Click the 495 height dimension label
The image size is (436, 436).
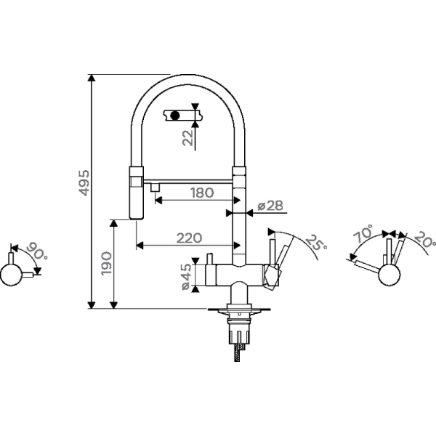point(84,182)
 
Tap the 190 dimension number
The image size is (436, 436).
point(107,264)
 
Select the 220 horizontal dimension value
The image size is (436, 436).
point(190,238)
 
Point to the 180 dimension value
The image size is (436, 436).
point(202,193)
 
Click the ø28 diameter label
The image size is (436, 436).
point(270,206)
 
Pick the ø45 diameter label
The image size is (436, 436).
point(186,277)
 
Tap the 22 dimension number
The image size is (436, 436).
point(188,137)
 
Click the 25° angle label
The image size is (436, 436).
point(316,243)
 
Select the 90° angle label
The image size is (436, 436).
point(37,251)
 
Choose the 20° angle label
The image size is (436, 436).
point(425,238)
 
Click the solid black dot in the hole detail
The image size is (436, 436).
point(175,116)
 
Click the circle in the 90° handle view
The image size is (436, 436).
point(11,275)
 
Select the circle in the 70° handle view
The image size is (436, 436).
point(389,275)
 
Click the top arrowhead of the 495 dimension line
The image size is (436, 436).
point(92,78)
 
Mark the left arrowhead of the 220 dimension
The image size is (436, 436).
point(140,246)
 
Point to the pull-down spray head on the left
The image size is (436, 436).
point(137,193)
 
